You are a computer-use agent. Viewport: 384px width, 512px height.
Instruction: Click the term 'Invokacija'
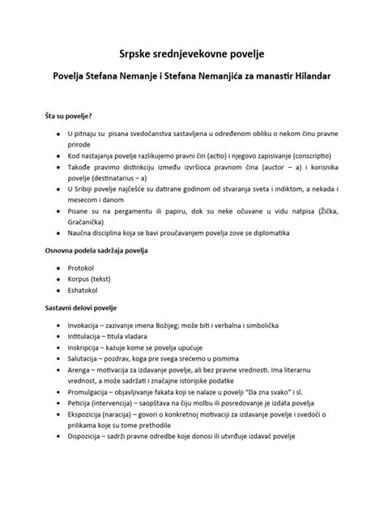[87, 323]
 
